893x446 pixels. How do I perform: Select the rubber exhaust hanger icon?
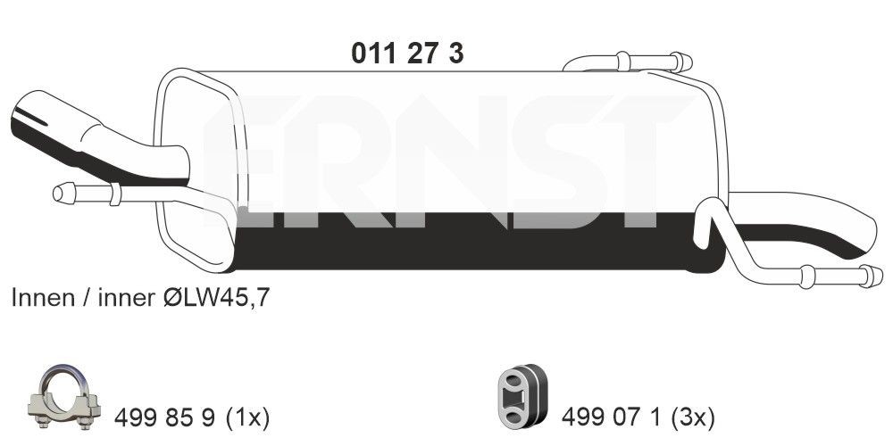click(x=520, y=399)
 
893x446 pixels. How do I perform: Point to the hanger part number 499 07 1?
click(x=612, y=416)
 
